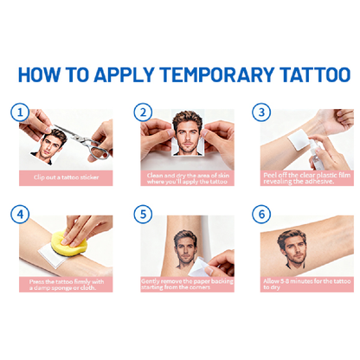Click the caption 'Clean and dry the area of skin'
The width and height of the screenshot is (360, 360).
point(185,178)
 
